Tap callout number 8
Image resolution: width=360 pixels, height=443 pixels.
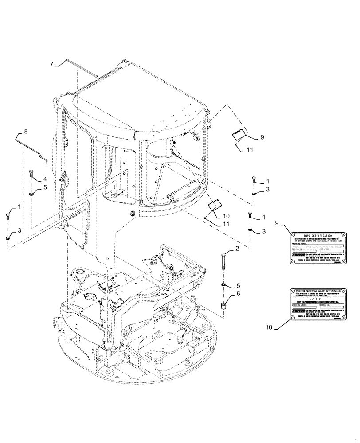(x=26, y=131)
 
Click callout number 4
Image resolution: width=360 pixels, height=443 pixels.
(x=45, y=179)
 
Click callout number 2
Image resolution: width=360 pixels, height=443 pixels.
(x=237, y=249)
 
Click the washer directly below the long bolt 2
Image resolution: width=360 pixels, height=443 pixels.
(x=224, y=284)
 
